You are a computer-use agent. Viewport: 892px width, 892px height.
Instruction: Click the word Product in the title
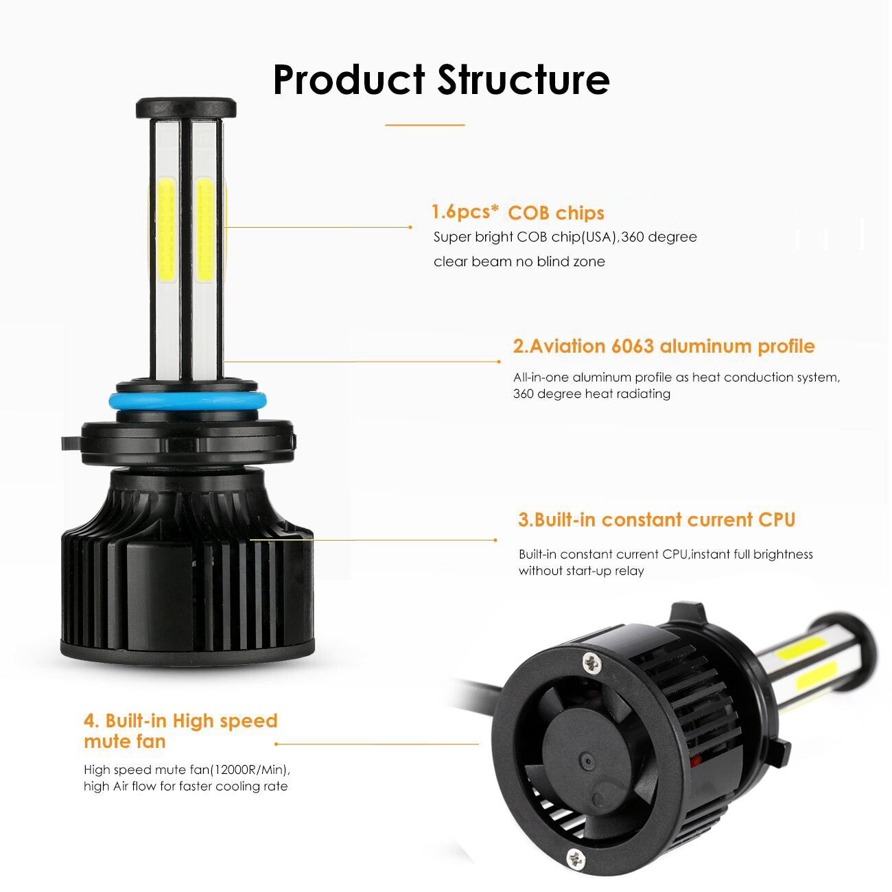click(x=349, y=80)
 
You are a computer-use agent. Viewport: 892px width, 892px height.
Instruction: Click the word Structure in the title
click(x=524, y=80)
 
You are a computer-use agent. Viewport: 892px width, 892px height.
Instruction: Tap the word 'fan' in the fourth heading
click(x=151, y=742)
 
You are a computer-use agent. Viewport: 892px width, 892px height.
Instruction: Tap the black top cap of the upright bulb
click(x=186, y=108)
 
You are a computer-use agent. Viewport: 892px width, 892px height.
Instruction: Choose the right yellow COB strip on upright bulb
click(x=205, y=230)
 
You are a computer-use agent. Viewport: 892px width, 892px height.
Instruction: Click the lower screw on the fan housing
click(x=576, y=860)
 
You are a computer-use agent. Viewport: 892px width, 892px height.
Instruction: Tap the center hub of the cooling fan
click(x=587, y=762)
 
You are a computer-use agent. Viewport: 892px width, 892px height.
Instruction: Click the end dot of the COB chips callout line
click(x=410, y=227)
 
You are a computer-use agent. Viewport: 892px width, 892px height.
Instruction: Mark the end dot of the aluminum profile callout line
click(x=499, y=362)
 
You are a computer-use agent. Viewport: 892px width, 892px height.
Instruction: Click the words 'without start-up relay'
click(x=582, y=571)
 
